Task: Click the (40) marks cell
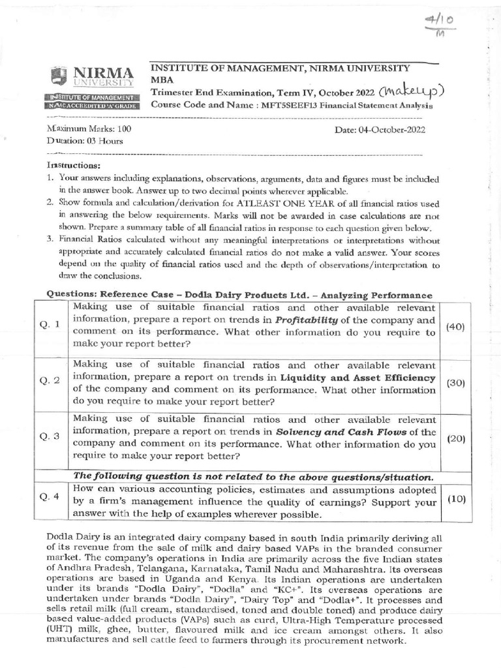click(454, 327)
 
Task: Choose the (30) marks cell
click(455, 383)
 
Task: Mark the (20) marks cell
click(455, 438)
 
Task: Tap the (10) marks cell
click(455, 498)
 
